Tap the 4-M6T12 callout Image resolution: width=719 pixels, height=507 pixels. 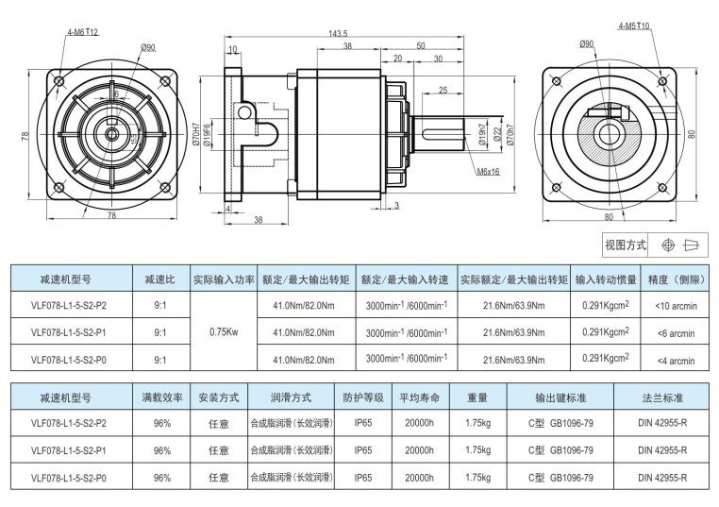pos(83,31)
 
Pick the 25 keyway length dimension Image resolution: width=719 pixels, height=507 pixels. pos(443,91)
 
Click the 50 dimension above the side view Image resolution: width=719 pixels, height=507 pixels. pos(420,45)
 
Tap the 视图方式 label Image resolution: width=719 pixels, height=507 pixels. pos(625,245)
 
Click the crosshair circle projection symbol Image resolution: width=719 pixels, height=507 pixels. pos(668,245)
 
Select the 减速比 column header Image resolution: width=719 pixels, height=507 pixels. pos(159,280)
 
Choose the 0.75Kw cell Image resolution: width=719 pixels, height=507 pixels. pos(223,332)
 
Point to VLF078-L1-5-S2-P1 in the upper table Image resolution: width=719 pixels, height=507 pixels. pos(69,332)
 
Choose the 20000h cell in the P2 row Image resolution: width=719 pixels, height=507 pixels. pos(419,424)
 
